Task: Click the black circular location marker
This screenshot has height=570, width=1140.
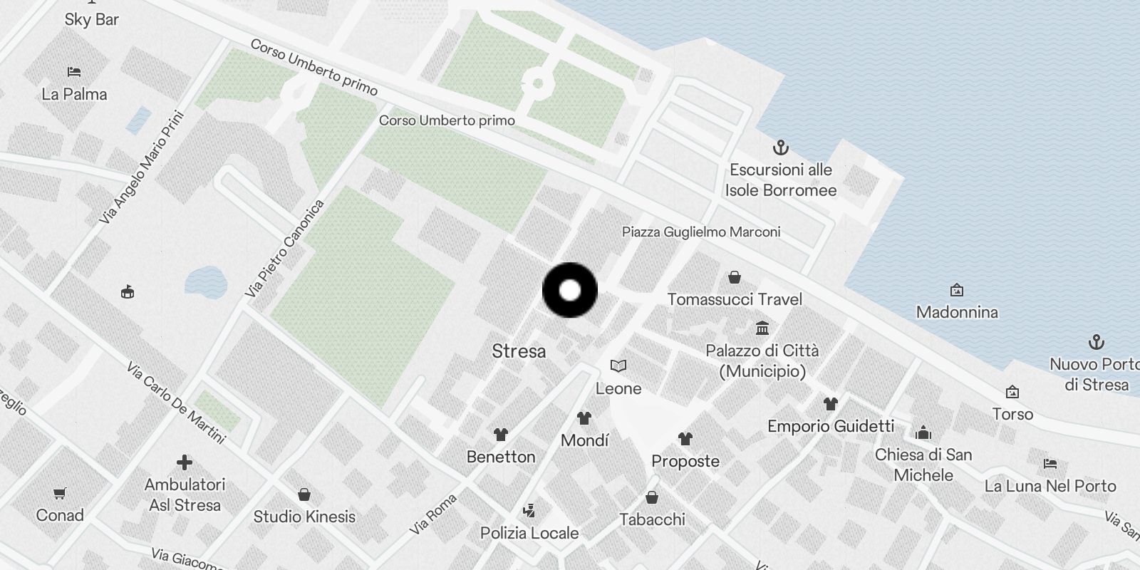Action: pyautogui.click(x=570, y=290)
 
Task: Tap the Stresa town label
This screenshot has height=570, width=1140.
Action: pyautogui.click(x=519, y=351)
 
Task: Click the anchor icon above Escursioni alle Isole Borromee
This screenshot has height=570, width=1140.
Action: pyautogui.click(x=781, y=148)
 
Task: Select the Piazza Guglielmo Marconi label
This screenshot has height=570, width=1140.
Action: pyautogui.click(x=700, y=232)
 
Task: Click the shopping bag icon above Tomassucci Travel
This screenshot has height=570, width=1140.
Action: pyautogui.click(x=735, y=277)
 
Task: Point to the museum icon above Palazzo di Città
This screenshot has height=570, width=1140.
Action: pyautogui.click(x=762, y=328)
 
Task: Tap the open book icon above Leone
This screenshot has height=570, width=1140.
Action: pyautogui.click(x=618, y=366)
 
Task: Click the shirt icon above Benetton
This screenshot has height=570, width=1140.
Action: pyautogui.click(x=501, y=435)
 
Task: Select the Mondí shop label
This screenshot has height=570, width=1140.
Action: pyautogui.click(x=584, y=441)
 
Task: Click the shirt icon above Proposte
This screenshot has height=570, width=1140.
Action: pyautogui.click(x=685, y=438)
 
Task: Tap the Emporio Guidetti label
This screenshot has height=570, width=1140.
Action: pyautogui.click(x=830, y=427)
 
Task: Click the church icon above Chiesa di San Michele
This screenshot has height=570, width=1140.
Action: pyautogui.click(x=923, y=432)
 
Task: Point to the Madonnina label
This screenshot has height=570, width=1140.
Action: pyautogui.click(x=957, y=312)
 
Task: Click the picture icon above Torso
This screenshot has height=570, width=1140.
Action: pyautogui.click(x=1012, y=392)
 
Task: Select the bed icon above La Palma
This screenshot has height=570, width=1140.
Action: pyautogui.click(x=74, y=72)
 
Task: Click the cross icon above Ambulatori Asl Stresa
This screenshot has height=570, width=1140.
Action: pyautogui.click(x=185, y=463)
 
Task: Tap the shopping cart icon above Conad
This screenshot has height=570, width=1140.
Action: pyautogui.click(x=60, y=493)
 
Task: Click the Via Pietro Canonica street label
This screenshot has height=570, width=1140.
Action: pyautogui.click(x=284, y=249)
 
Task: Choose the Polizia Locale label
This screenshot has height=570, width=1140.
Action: pyautogui.click(x=529, y=533)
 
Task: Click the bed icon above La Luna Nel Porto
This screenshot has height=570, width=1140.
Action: pyautogui.click(x=1050, y=464)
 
